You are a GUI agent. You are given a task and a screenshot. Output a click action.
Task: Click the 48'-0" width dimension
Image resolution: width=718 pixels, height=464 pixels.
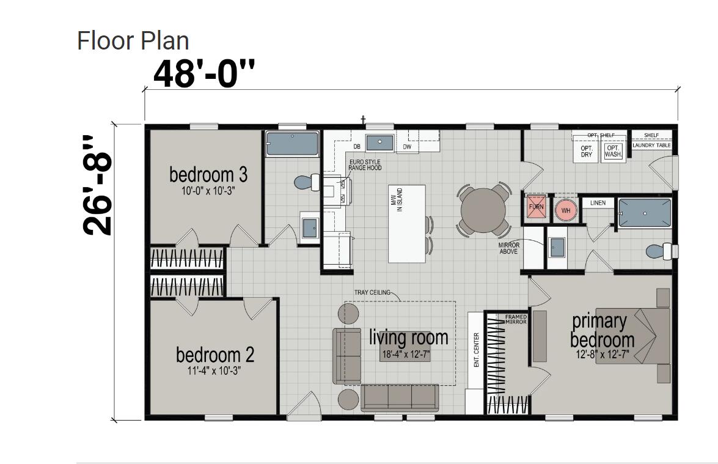(x=203, y=73)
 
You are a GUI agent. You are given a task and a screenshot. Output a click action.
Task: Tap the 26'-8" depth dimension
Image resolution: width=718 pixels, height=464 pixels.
(x=98, y=185)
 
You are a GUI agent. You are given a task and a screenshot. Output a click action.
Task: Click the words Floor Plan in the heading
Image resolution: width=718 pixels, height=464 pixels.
(x=133, y=40)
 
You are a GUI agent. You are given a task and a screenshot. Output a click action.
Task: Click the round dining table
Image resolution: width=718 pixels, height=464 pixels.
(x=483, y=210)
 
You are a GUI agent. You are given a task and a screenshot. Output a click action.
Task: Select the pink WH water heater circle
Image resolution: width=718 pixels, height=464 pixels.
(x=566, y=211)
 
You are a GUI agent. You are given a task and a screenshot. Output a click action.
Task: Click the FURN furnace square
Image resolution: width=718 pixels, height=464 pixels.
(x=537, y=207)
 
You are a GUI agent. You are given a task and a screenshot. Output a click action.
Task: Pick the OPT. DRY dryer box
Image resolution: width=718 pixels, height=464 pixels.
(x=586, y=152)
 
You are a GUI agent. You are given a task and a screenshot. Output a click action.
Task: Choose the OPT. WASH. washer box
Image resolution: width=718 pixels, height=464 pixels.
(x=613, y=151)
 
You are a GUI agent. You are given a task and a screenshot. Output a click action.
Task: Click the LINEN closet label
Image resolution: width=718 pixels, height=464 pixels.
(x=598, y=203)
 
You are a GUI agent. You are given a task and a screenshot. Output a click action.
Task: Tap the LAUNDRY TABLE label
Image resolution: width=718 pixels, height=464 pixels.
(x=651, y=145)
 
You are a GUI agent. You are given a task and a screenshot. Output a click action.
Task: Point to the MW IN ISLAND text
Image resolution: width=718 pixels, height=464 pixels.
(x=399, y=200)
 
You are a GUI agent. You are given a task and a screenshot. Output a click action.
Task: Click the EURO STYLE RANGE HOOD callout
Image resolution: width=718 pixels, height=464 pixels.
(x=365, y=165)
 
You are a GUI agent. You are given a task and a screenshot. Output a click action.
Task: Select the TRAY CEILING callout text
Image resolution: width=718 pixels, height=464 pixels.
(x=372, y=292)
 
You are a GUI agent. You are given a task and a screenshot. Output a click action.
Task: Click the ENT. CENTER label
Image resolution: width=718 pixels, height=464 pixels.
(x=476, y=350)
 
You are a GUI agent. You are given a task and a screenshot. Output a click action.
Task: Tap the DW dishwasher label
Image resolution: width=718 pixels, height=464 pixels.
(x=407, y=147)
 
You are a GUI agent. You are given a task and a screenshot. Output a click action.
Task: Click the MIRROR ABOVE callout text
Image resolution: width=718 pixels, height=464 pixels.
(x=509, y=248)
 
